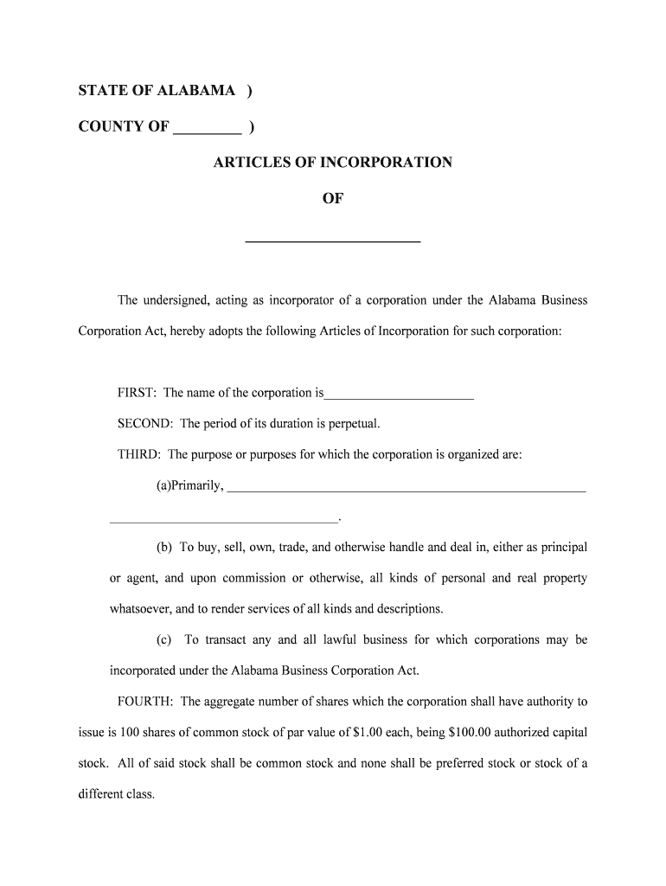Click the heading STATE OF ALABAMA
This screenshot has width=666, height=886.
click(157, 91)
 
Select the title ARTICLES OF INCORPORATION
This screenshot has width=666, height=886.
click(332, 163)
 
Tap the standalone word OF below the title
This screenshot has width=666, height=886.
click(333, 199)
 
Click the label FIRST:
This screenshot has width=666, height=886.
click(137, 393)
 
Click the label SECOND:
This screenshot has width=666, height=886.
click(145, 424)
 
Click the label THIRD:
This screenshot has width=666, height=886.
click(139, 454)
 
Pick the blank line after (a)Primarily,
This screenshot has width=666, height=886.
click(406, 491)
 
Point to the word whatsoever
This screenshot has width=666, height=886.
click(139, 608)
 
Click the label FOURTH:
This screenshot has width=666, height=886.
click(145, 702)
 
